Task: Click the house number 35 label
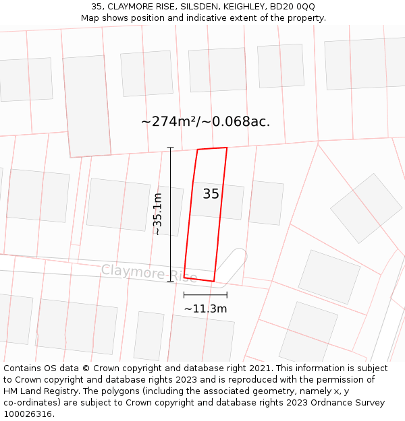pos(211,194)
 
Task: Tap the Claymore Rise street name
pos(149,273)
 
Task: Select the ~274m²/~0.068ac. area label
pos(205,122)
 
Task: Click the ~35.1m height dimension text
pos(157,214)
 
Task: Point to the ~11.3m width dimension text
pos(205,309)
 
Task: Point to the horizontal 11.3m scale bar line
pos(205,294)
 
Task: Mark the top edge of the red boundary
pos(212,148)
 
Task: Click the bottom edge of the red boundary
pos(199,279)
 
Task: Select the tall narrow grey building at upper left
pos(86,106)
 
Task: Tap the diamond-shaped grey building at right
pos(366,208)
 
